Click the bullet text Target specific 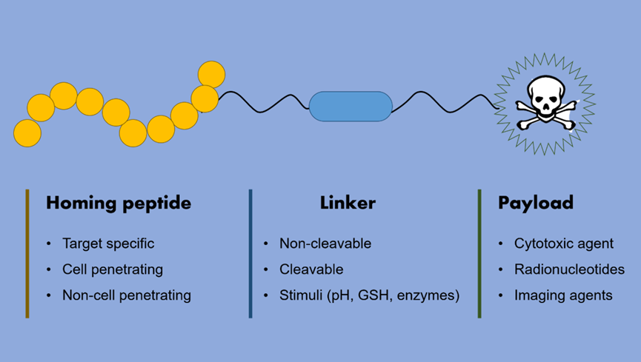[x=108, y=244]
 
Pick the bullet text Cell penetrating [x=113, y=269]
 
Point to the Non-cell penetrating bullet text [x=127, y=295]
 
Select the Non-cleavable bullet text [x=325, y=244]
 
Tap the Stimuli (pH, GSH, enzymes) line [x=370, y=295]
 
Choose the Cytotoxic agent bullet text [x=564, y=244]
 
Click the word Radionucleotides [x=569, y=269]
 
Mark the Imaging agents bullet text [x=563, y=295]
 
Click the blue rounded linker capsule [x=350, y=107]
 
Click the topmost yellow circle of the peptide [x=211, y=74]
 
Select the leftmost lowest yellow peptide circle [x=27, y=133]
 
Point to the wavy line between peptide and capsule [x=263, y=103]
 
